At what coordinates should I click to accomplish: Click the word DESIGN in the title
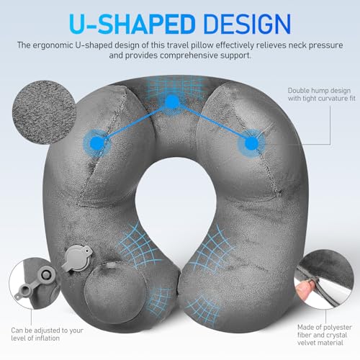[248, 24]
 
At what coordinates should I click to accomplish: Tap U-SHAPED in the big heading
[132, 24]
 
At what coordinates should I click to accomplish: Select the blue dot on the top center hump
[172, 102]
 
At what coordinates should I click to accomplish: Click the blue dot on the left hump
[97, 143]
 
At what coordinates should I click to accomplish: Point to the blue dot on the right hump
[251, 143]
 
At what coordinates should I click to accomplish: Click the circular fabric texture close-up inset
[44, 112]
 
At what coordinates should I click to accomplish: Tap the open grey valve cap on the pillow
[77, 258]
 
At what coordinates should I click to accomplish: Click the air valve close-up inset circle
[34, 283]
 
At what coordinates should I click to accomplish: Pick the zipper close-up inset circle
[324, 279]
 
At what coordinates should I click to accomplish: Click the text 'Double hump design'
[319, 91]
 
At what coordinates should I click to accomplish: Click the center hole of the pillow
[175, 204]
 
